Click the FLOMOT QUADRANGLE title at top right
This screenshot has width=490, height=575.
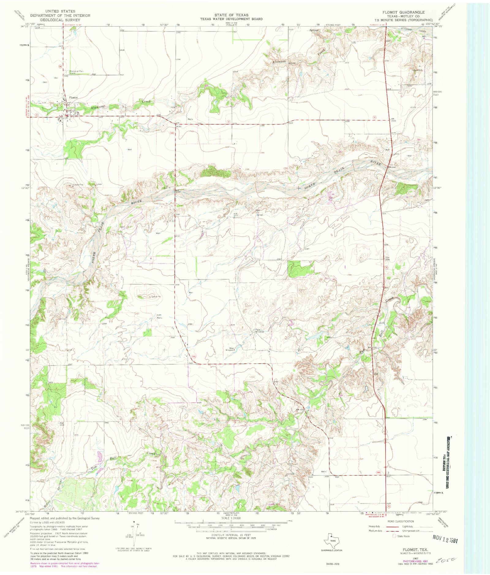coord(403,12)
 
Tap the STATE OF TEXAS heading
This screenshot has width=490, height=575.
coord(231,15)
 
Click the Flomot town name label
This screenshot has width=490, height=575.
coord(73,98)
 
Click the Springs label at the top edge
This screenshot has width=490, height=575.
coord(314,30)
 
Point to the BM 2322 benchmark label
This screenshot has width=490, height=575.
coord(394,120)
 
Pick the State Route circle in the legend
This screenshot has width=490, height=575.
coord(394,536)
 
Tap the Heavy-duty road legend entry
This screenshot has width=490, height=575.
coord(376,526)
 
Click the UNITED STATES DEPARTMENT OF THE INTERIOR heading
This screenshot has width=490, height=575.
coord(60,15)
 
